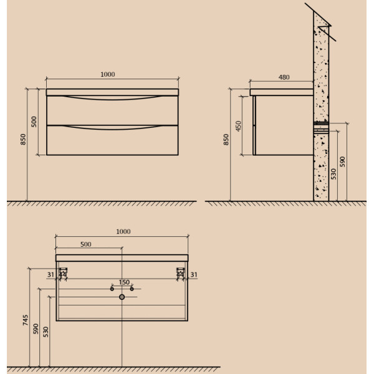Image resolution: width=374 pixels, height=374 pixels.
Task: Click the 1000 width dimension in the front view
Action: (x=107, y=75)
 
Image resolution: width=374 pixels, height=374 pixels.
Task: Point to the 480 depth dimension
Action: (x=284, y=77)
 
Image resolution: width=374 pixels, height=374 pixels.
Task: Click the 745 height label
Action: (x=26, y=320)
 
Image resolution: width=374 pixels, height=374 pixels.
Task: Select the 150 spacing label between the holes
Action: (x=124, y=283)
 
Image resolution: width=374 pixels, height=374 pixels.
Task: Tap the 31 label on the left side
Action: (x=50, y=274)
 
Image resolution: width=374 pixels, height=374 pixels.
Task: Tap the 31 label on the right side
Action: (x=194, y=274)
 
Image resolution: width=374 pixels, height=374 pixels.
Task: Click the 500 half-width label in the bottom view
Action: (x=85, y=244)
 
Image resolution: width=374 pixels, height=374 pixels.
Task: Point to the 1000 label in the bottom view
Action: (x=123, y=231)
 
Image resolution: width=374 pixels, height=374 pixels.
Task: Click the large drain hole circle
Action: (x=122, y=297)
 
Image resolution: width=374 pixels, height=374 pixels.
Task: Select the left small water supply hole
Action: (x=112, y=289)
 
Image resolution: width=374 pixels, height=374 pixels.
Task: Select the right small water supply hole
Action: (x=132, y=289)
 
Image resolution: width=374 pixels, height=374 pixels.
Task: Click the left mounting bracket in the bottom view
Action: (x=62, y=274)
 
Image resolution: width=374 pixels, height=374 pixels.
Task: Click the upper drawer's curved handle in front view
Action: (x=112, y=98)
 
